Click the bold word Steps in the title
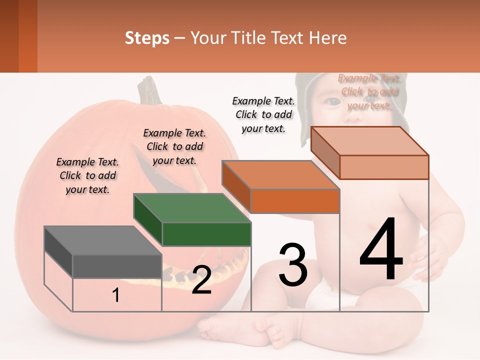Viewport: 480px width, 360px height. click(x=147, y=38)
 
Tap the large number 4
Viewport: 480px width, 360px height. click(x=381, y=250)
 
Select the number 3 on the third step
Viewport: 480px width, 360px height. click(x=293, y=265)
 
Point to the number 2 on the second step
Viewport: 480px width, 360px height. click(x=201, y=280)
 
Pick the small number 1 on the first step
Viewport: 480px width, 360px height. click(x=116, y=295)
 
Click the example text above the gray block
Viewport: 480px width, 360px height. click(x=87, y=175)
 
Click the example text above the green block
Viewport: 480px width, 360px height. click(x=174, y=146)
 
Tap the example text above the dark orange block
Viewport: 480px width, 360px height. click(x=263, y=114)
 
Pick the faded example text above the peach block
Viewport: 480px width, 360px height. click(x=369, y=91)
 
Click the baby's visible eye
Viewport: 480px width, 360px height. click(x=332, y=101)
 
